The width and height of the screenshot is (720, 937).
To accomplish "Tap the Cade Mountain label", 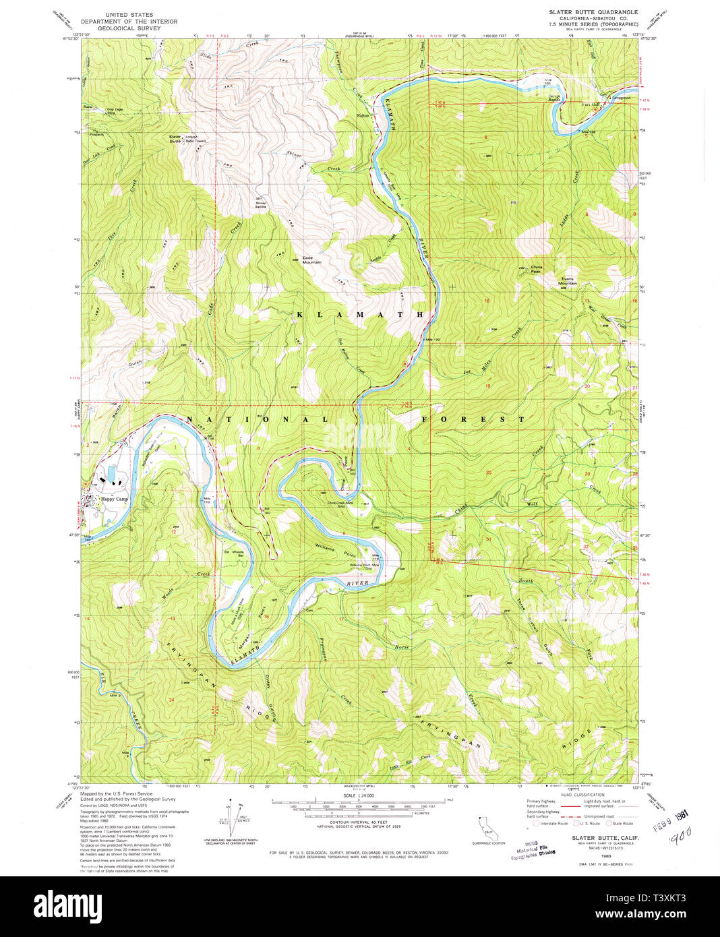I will click(x=311, y=260).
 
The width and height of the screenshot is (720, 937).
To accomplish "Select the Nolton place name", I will click(x=363, y=115).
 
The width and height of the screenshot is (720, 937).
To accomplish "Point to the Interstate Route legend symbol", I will click(x=537, y=823).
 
